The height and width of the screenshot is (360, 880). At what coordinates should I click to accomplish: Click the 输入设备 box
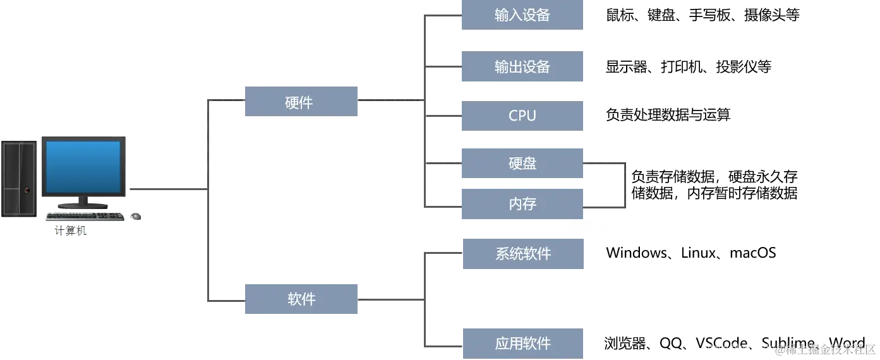522,15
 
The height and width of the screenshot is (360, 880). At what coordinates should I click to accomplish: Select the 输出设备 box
522,68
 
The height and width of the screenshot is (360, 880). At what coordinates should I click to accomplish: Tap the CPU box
522,116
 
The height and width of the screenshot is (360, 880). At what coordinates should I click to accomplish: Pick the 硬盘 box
522,164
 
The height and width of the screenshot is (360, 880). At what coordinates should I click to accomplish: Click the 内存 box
522,204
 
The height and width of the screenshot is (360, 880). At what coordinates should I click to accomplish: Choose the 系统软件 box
522,255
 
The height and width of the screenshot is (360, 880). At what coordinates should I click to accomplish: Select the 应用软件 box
522,344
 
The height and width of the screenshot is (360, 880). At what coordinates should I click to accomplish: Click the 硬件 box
300,101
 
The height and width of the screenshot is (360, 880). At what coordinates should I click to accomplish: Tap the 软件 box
300,299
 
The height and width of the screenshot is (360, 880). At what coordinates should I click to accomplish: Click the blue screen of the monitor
83,166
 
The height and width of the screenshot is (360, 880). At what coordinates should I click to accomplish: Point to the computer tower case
19,178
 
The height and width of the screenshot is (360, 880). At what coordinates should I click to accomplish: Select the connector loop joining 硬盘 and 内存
624,184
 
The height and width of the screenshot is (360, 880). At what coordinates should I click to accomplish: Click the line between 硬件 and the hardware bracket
389,99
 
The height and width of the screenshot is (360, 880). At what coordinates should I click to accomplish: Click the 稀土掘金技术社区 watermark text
824,348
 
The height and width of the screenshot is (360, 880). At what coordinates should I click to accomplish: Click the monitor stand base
83,205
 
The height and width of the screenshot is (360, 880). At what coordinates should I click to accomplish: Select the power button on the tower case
27,189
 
